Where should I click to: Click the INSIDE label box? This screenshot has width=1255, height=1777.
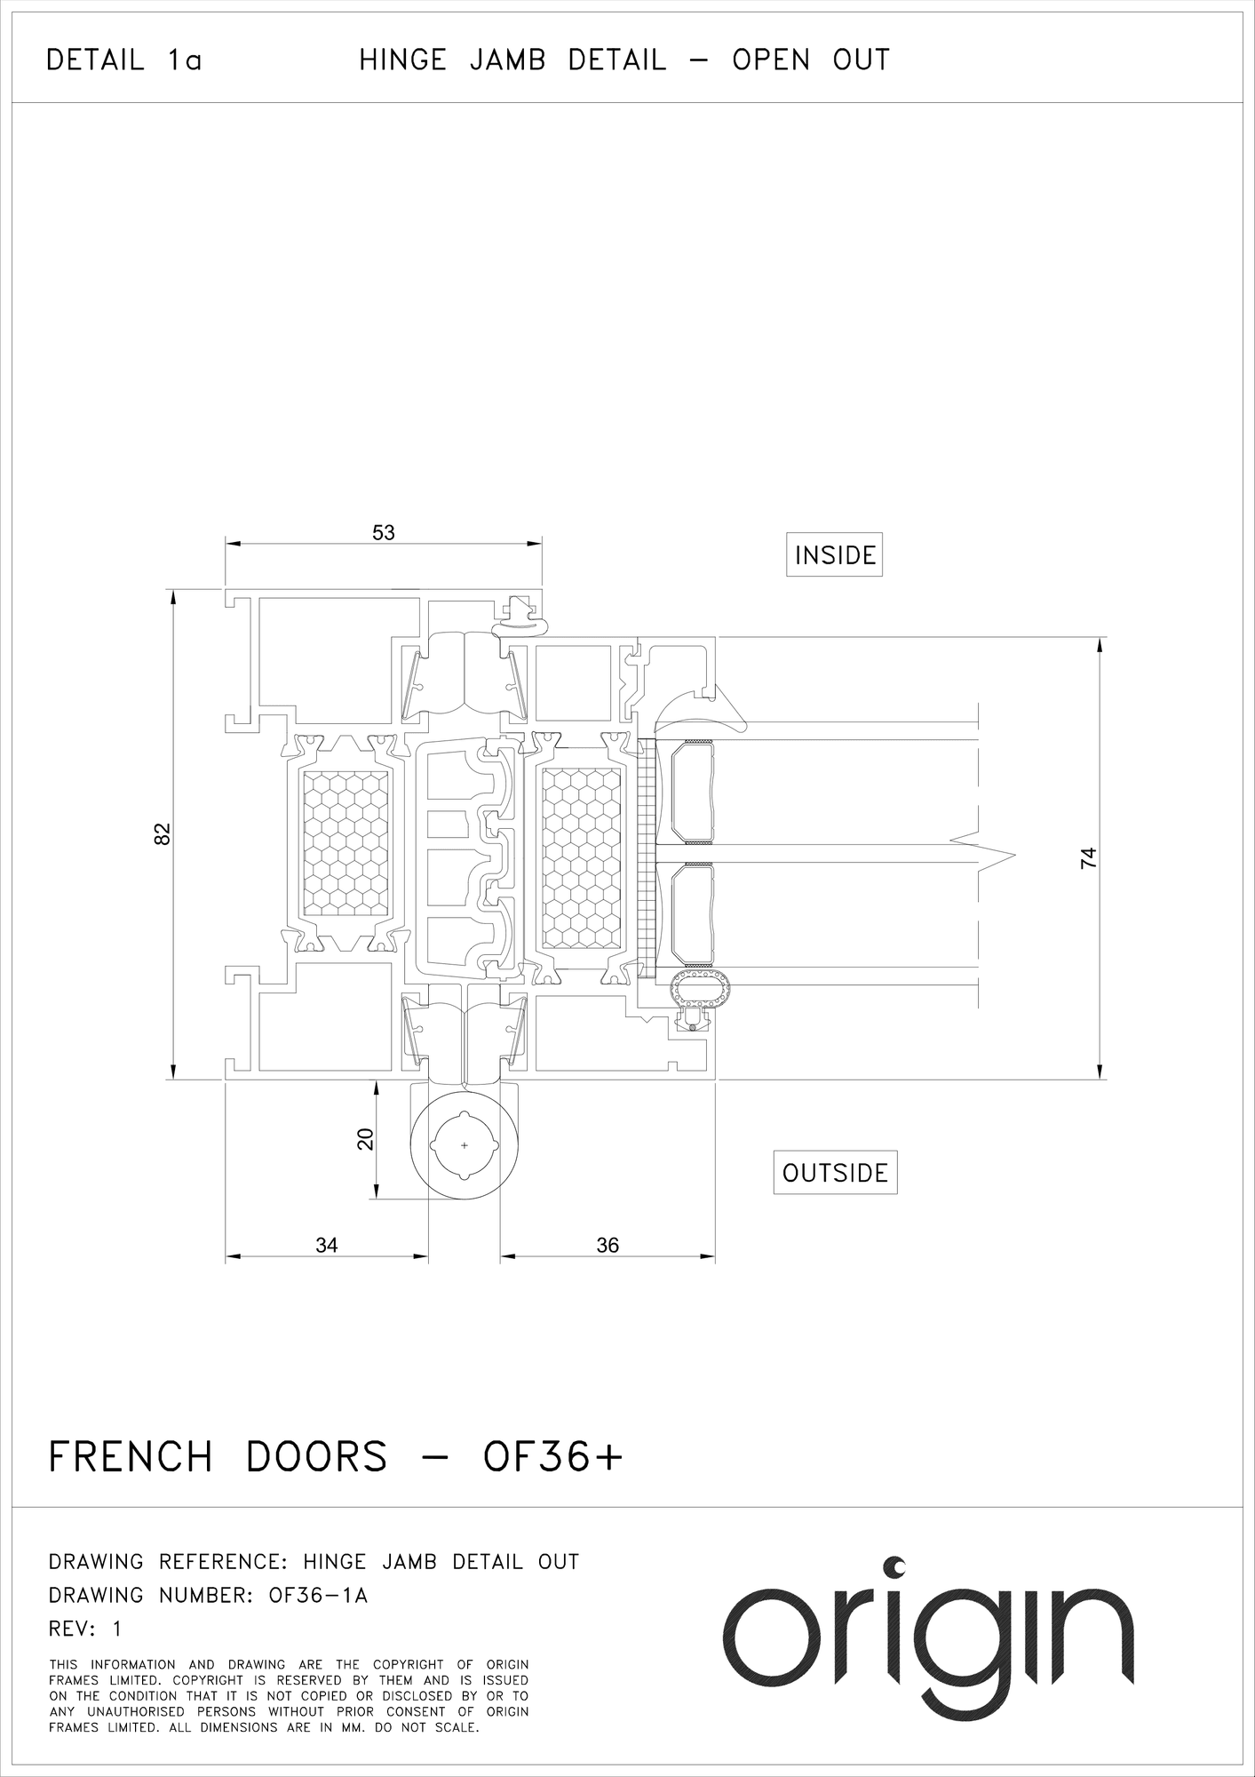click(x=834, y=555)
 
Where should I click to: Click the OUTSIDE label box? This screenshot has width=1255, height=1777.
click(x=835, y=1173)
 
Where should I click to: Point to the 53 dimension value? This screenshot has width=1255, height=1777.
click(x=384, y=533)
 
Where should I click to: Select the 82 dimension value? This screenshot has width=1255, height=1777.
click(x=162, y=834)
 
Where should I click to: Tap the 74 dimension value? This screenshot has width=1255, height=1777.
click(x=1089, y=858)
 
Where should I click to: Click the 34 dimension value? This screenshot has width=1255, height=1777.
click(x=327, y=1245)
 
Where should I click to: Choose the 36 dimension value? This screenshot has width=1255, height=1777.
click(x=608, y=1245)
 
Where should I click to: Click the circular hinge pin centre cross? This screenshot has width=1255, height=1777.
click(x=465, y=1146)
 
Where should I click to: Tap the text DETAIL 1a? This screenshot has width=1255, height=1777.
click(x=124, y=60)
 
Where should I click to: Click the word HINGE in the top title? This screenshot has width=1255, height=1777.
click(x=402, y=60)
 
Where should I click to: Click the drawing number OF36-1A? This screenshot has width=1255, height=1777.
click(x=318, y=1596)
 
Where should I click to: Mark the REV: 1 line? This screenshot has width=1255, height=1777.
click(x=84, y=1629)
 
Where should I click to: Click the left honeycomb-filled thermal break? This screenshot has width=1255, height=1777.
click(x=346, y=842)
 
